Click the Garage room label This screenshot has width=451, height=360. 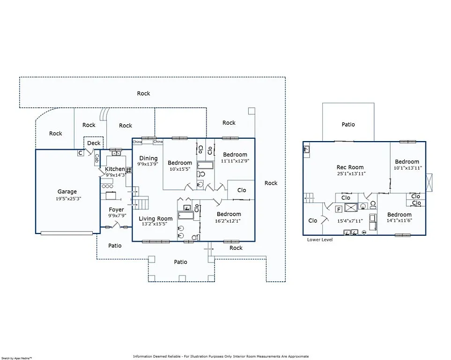[x=67, y=191]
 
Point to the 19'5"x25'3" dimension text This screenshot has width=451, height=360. [x=67, y=198]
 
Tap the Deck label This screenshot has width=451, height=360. [x=94, y=143]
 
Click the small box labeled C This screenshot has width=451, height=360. [x=80, y=153]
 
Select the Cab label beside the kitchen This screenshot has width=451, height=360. [x=96, y=158]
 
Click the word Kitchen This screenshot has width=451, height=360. [x=115, y=169]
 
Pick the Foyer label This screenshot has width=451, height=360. [x=116, y=210]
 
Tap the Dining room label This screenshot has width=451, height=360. [x=148, y=158]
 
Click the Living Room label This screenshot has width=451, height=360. [x=155, y=218]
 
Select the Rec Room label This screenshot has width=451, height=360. [x=350, y=167]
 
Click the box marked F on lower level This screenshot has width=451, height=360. [x=338, y=209]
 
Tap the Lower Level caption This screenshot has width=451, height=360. [x=320, y=240]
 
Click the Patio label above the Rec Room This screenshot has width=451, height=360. [x=348, y=124]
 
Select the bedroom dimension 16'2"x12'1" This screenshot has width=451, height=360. [x=229, y=221]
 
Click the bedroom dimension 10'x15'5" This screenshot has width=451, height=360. [x=180, y=169]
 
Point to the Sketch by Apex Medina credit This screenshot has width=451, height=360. [x=16, y=358]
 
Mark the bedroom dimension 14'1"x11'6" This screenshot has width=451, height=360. [x=399, y=221]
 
